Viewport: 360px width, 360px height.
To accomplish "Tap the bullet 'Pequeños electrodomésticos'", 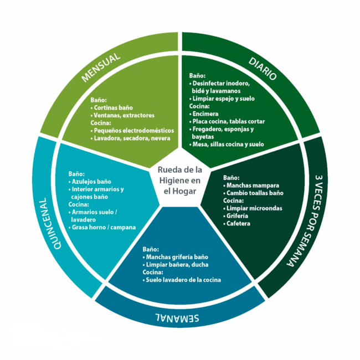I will click(133, 131).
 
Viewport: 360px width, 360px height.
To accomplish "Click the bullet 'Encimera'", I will click(207, 113).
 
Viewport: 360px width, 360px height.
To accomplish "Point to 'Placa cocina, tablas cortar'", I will click(228, 121).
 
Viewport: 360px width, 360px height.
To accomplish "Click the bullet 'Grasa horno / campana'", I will click(104, 228).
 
